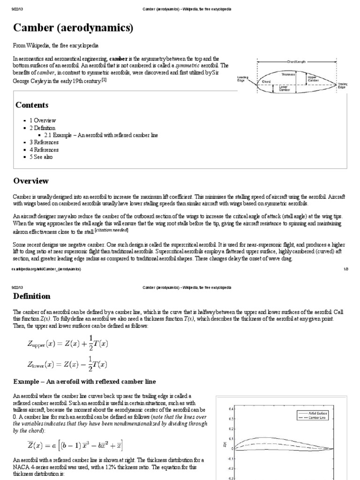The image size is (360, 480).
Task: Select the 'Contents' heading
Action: tap(32, 105)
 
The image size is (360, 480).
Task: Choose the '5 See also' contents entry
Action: tap(42, 157)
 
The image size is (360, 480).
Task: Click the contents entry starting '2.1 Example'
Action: tap(101, 135)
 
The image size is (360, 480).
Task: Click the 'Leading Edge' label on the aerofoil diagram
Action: tap(244, 79)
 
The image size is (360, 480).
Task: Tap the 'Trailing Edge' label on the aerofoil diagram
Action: tap(343, 85)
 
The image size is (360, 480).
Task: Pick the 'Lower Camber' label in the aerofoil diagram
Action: tap(285, 88)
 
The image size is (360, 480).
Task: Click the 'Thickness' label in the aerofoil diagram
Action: tap(288, 74)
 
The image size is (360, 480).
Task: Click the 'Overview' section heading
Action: tap(31, 180)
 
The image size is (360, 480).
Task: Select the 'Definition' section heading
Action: tap(31, 296)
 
